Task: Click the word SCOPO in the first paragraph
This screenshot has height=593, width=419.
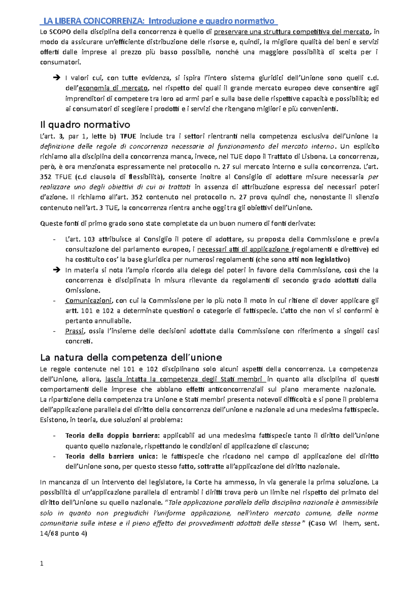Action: (x=60, y=32)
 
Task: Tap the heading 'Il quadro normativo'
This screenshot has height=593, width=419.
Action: (x=85, y=125)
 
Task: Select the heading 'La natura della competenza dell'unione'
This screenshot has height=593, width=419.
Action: (x=131, y=357)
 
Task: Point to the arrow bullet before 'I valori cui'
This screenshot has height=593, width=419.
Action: (x=56, y=78)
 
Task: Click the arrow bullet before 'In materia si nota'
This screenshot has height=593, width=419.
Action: (x=56, y=270)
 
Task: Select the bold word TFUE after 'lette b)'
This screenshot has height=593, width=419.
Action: (x=128, y=136)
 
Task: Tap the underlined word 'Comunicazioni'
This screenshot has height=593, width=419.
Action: (x=88, y=301)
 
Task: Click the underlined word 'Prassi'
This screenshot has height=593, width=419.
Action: (x=74, y=331)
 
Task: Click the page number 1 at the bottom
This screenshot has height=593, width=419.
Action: (x=42, y=563)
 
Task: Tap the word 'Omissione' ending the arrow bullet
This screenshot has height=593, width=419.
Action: (x=82, y=291)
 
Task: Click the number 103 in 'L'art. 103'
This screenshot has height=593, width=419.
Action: (x=89, y=239)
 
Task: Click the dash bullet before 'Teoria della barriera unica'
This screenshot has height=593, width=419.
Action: (x=54, y=456)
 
